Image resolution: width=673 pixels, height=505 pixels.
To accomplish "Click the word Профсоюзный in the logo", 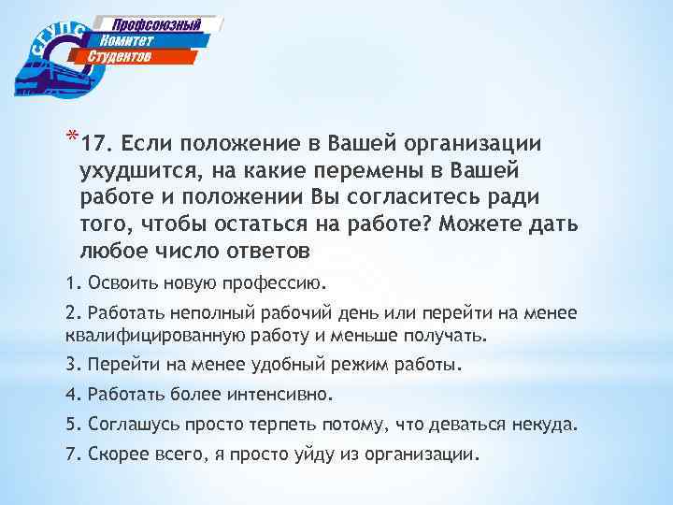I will pos(157,24).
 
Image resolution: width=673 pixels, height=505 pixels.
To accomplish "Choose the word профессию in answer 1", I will pos(279,281).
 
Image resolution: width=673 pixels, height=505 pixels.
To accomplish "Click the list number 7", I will pos(70,454).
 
